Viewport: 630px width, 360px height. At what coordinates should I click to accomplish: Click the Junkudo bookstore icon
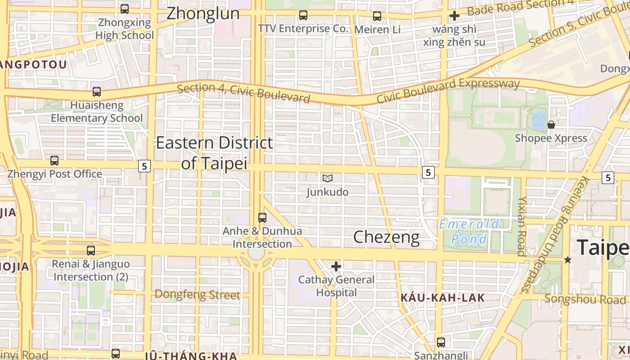(x=328, y=178)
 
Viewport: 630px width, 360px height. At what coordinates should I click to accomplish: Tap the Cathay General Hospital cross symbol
(x=336, y=266)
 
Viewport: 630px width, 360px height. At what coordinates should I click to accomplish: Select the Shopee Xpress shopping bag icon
(x=551, y=125)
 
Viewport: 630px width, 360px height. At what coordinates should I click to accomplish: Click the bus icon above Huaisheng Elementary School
(x=97, y=92)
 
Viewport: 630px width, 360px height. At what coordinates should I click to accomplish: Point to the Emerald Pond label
(x=469, y=231)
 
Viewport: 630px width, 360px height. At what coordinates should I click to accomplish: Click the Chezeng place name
(x=386, y=237)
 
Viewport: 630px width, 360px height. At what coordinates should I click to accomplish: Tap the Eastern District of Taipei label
(x=214, y=153)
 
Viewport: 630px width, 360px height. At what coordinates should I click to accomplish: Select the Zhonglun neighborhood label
(x=203, y=13)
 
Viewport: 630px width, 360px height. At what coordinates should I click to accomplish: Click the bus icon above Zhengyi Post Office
(x=54, y=160)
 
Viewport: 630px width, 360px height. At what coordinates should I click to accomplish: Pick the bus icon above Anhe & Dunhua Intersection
(x=262, y=218)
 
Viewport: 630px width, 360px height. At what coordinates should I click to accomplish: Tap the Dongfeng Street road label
(x=197, y=295)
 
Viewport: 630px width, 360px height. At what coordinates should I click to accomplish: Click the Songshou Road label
(x=585, y=299)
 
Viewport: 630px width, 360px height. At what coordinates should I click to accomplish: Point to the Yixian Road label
(x=522, y=225)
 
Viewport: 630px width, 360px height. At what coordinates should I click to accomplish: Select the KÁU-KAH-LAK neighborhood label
(x=443, y=297)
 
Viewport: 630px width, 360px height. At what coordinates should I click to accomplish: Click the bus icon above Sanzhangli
(x=441, y=342)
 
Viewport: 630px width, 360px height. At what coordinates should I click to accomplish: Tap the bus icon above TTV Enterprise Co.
(x=303, y=15)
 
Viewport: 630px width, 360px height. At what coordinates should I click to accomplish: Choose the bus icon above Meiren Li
(x=377, y=16)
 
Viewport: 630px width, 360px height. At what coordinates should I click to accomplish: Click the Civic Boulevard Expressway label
(x=448, y=90)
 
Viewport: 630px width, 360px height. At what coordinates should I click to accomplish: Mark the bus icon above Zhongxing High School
(x=125, y=9)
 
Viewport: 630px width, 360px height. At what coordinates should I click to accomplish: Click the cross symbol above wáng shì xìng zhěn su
(x=454, y=16)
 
